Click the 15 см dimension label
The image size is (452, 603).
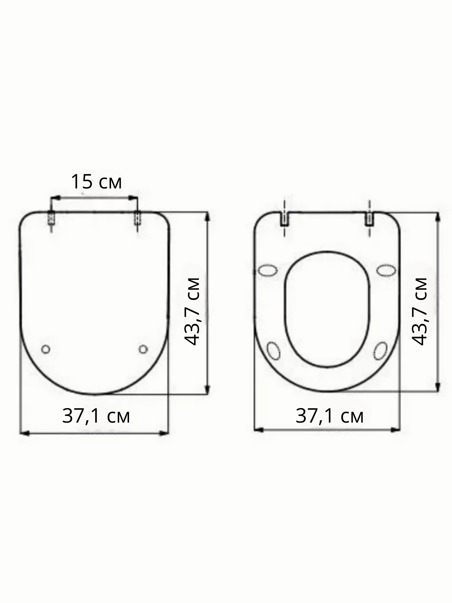pyautogui.click(x=96, y=182)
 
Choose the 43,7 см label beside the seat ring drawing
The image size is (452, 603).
pyautogui.click(x=419, y=312)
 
